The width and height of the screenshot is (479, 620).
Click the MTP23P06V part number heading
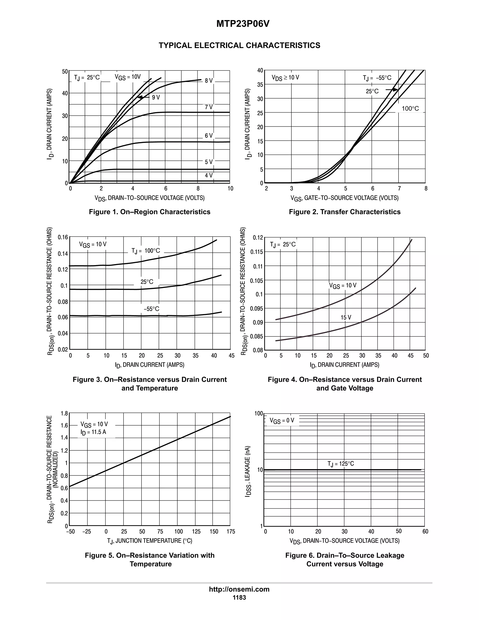(x=243, y=24)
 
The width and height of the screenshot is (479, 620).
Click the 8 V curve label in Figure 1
(x=209, y=81)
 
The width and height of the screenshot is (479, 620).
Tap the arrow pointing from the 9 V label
(x=143, y=97)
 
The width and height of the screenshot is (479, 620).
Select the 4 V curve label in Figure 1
(x=209, y=175)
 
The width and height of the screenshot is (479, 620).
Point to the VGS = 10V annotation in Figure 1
(x=128, y=77)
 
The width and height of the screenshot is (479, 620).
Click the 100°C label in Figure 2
(x=410, y=109)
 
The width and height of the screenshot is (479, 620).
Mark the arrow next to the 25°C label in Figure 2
(x=392, y=90)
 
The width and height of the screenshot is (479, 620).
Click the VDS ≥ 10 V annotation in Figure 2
(x=285, y=77)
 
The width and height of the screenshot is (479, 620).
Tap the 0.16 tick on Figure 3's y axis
(x=63, y=237)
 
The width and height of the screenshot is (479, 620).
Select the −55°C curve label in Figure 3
(x=151, y=309)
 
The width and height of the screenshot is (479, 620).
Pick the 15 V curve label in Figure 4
(x=346, y=317)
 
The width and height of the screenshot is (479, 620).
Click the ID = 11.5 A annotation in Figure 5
(x=93, y=432)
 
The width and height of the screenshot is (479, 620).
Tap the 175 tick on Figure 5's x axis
(x=231, y=531)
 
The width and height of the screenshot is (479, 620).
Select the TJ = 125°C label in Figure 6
(x=341, y=463)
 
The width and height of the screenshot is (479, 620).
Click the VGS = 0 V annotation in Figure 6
(x=282, y=420)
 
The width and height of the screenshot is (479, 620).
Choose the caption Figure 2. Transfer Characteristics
(x=345, y=212)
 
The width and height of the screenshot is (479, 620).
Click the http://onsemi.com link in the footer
(x=239, y=589)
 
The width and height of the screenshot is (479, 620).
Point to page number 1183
(x=239, y=598)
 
